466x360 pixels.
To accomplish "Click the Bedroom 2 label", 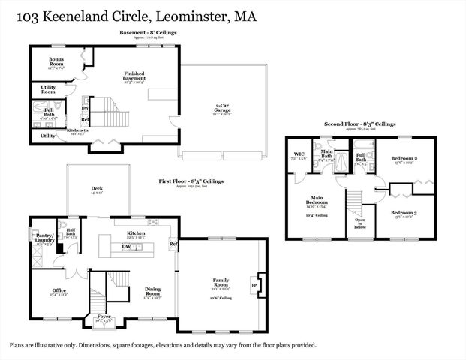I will point(404,160).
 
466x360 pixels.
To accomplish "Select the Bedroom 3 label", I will point(404,214).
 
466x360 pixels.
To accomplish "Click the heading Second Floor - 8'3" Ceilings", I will point(359,124).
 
